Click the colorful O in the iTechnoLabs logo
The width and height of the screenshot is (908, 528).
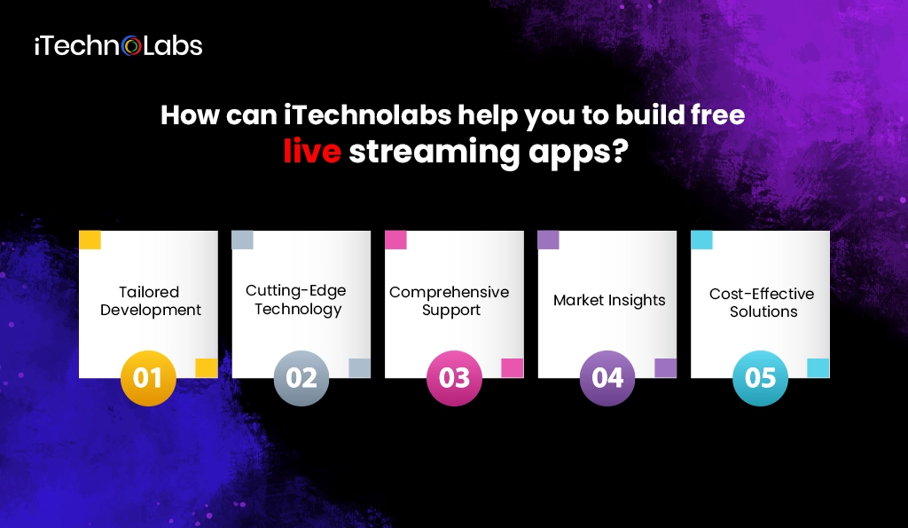(x=132, y=46)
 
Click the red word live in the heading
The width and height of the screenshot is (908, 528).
(x=312, y=152)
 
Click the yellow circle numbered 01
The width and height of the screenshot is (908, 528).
(x=148, y=379)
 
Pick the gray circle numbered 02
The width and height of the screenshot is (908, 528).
(x=301, y=379)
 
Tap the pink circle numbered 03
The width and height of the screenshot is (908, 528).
(x=454, y=379)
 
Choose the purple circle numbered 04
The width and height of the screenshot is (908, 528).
(x=607, y=379)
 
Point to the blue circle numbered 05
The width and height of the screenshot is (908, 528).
(x=761, y=379)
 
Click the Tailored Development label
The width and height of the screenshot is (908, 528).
(x=150, y=301)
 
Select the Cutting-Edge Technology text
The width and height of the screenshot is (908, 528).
(x=296, y=300)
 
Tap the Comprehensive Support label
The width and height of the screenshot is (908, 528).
(x=450, y=301)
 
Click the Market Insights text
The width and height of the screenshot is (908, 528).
(x=609, y=300)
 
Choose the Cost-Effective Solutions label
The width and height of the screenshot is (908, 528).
(x=763, y=303)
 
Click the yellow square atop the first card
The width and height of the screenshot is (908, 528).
(x=90, y=240)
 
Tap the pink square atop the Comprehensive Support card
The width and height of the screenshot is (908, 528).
(x=395, y=240)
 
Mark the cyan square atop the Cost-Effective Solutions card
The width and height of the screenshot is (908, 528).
(x=701, y=240)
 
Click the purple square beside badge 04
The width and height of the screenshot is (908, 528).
(x=665, y=368)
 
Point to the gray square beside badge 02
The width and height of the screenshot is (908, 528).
(x=359, y=368)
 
